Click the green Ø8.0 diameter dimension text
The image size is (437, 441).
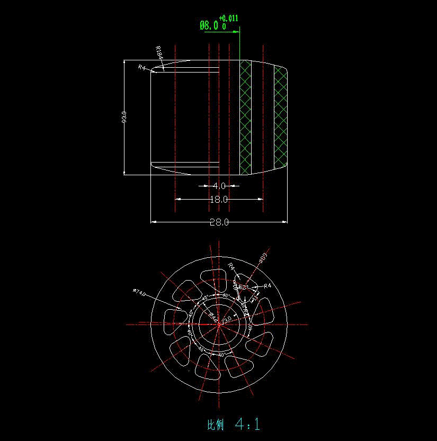pos(209,25)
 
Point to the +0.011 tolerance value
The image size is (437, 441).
pos(229,18)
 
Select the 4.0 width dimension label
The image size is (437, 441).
pos(219,186)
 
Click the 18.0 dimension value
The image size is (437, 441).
pos(219,200)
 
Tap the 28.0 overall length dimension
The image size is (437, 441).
pos(219,222)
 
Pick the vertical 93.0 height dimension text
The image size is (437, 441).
pos(124,116)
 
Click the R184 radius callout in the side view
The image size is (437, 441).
pos(159,53)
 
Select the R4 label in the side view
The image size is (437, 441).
pos(141,67)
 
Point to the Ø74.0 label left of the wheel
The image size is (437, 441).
pos(139,292)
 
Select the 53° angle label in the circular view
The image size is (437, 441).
pos(243,286)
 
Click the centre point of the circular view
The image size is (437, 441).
pos(219,323)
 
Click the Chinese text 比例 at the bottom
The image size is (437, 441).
pos(216,425)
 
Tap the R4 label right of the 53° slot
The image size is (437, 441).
pos(267,286)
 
